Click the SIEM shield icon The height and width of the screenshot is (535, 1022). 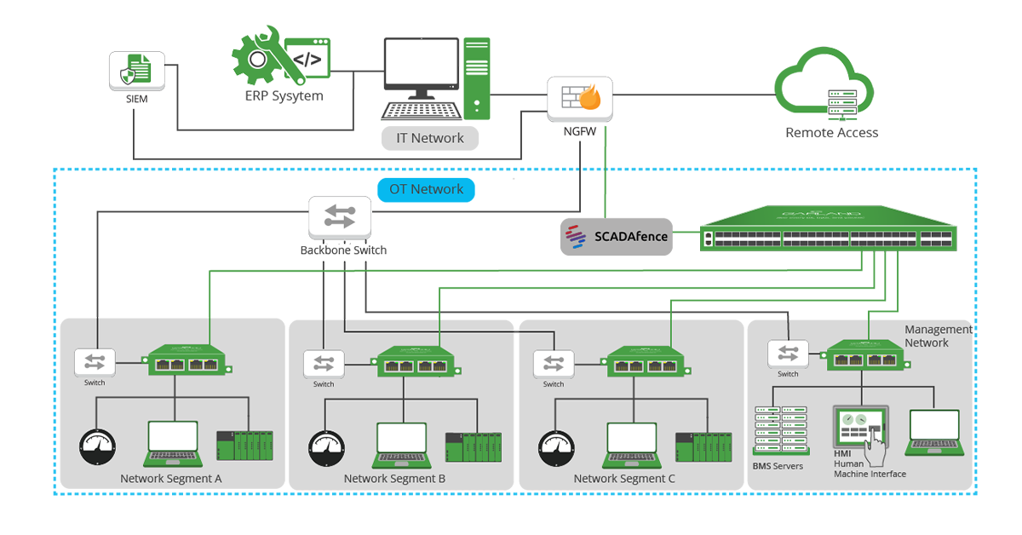click(136, 71)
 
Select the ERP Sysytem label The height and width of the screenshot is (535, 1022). click(284, 96)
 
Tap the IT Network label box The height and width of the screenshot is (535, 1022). click(430, 138)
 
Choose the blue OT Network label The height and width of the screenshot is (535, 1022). click(426, 189)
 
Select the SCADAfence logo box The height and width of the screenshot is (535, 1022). click(616, 236)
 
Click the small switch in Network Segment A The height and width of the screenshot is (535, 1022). click(95, 361)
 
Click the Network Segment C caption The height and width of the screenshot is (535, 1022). click(624, 479)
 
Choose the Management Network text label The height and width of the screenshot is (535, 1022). click(938, 336)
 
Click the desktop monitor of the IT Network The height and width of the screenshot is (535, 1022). click(422, 64)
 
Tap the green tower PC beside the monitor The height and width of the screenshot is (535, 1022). click(477, 77)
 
